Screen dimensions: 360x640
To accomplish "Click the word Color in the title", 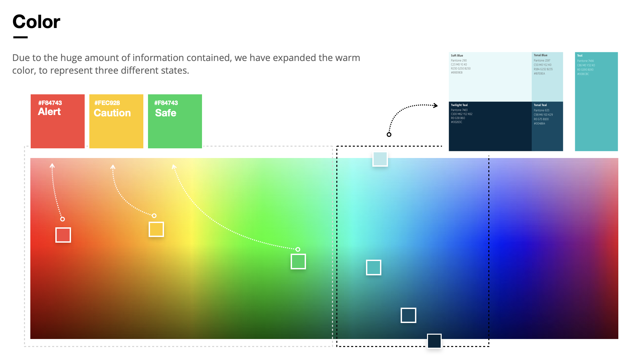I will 36,22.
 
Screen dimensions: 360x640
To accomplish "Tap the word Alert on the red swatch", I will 49,112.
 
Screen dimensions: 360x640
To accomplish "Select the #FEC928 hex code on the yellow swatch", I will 107,103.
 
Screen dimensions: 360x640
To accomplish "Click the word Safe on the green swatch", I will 165,113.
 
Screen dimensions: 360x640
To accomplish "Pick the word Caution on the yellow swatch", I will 112,113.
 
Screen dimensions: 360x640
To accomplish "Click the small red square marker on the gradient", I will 63,235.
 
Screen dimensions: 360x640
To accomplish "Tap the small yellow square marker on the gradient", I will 156,229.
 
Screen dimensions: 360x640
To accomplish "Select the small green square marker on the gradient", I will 298,261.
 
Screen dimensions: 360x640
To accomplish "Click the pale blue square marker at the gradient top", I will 380,159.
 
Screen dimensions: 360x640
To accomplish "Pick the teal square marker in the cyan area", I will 373,267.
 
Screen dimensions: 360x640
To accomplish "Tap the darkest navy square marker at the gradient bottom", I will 434,341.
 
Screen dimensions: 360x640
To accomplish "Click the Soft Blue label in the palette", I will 457,56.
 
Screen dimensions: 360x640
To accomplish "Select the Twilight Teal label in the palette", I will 459,105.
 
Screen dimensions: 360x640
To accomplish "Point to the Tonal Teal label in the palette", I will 540,105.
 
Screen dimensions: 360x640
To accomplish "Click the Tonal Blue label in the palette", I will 540,55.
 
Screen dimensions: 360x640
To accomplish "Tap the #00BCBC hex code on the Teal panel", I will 583,74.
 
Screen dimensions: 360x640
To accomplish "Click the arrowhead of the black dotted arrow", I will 436,106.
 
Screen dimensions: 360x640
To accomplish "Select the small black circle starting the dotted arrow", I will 389,135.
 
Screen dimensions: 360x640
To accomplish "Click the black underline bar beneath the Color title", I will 20,37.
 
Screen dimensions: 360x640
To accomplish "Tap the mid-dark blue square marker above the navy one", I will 408,315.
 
